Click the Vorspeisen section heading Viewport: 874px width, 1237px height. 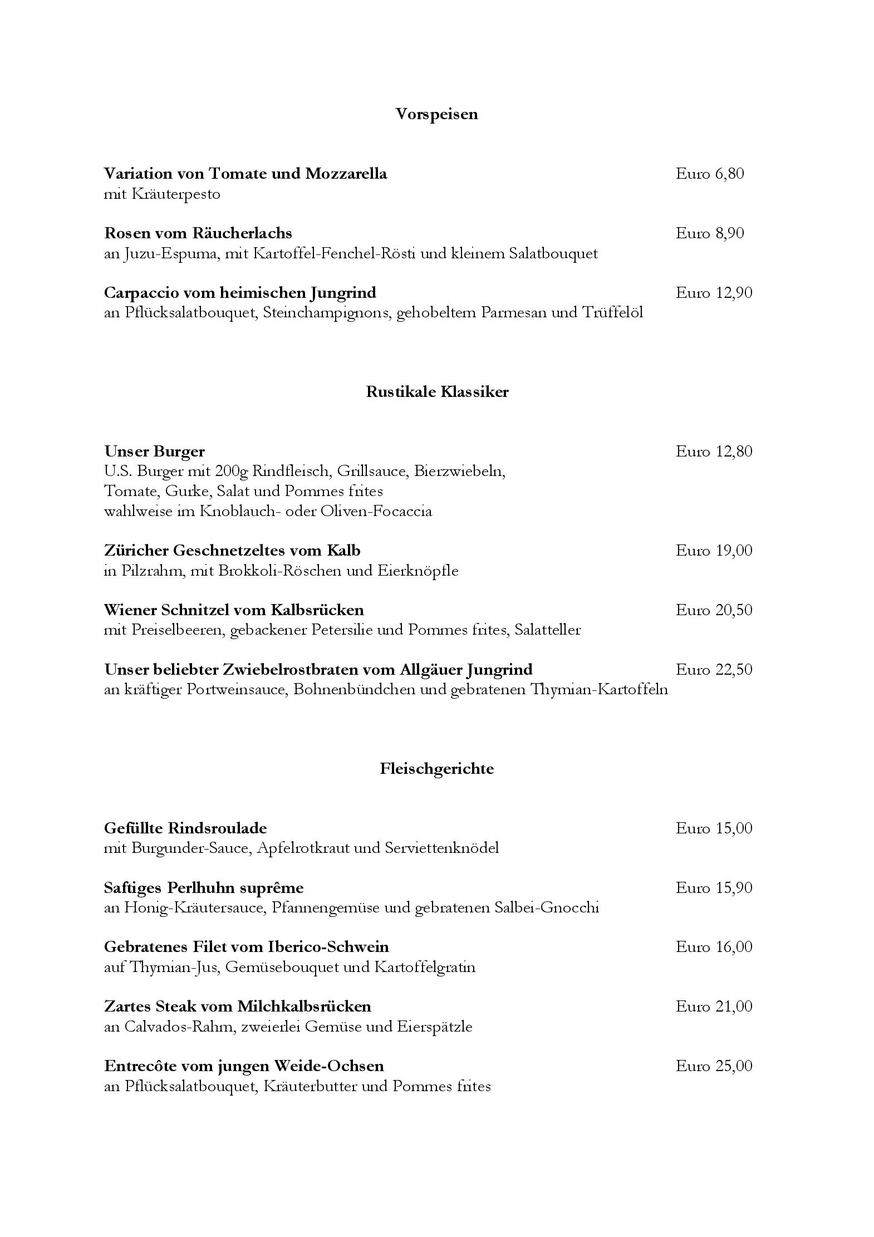coord(436,114)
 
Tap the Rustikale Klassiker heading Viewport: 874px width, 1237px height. coord(437,392)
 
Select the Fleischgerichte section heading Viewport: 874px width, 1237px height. coord(437,769)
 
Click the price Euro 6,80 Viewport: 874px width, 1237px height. coord(710,174)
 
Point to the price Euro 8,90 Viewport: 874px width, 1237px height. coord(710,233)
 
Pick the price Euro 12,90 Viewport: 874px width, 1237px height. coord(714,293)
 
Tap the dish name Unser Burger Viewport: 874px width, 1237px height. coord(154,451)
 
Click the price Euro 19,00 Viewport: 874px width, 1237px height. coord(714,551)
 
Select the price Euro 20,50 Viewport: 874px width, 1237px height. coord(714,610)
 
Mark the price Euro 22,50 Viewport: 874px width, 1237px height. coord(714,670)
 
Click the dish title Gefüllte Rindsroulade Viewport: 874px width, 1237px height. coord(185,828)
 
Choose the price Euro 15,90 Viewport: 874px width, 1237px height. coord(714,888)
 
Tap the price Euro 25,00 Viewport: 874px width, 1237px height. coord(714,1066)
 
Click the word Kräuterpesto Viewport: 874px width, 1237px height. coord(176,194)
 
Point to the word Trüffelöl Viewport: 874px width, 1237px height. coord(612,313)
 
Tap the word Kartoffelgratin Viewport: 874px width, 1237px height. coord(425,968)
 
